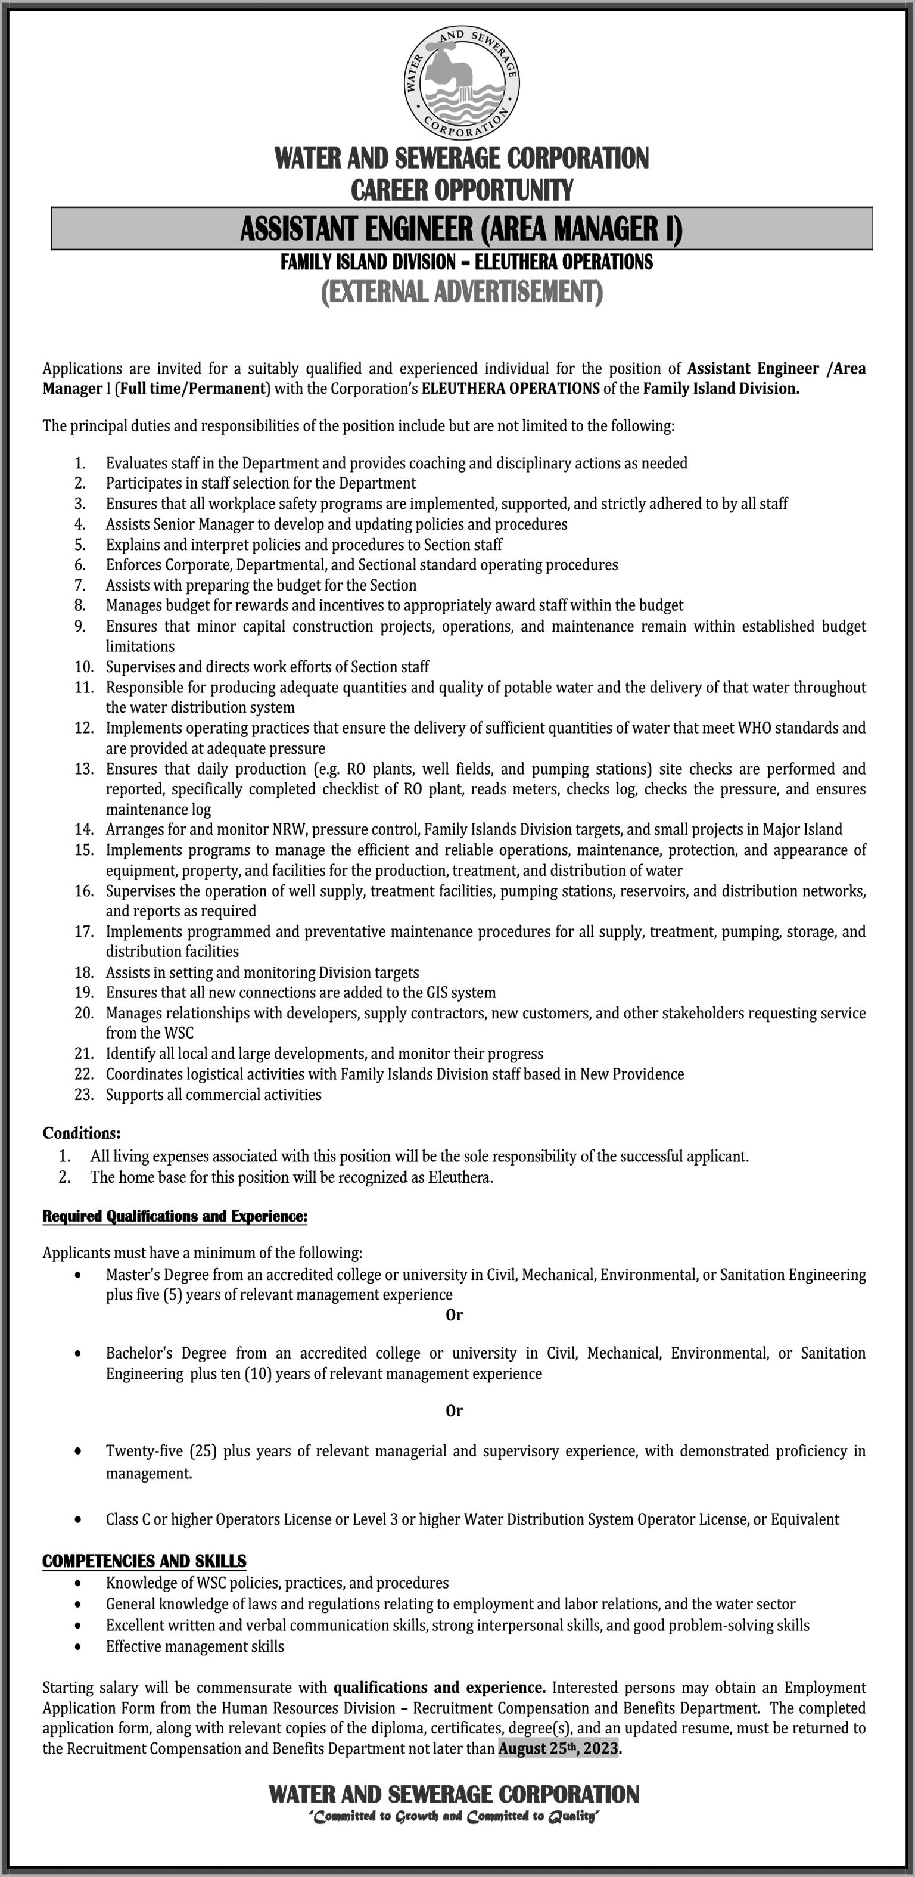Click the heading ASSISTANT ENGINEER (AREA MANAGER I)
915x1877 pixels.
(461, 229)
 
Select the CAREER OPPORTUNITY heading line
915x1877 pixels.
(462, 190)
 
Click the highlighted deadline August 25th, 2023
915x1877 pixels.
(559, 1748)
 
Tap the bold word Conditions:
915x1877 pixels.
(82, 1133)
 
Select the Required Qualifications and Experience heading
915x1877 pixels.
(175, 1216)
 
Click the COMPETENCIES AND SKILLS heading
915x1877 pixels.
(144, 1562)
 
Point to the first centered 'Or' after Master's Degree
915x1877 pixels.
(454, 1315)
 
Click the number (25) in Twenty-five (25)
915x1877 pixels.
(203, 1451)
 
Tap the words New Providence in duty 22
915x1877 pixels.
(631, 1074)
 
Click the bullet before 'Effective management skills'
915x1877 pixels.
(78, 1626)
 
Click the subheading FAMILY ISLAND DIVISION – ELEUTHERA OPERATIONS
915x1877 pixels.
(466, 262)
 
